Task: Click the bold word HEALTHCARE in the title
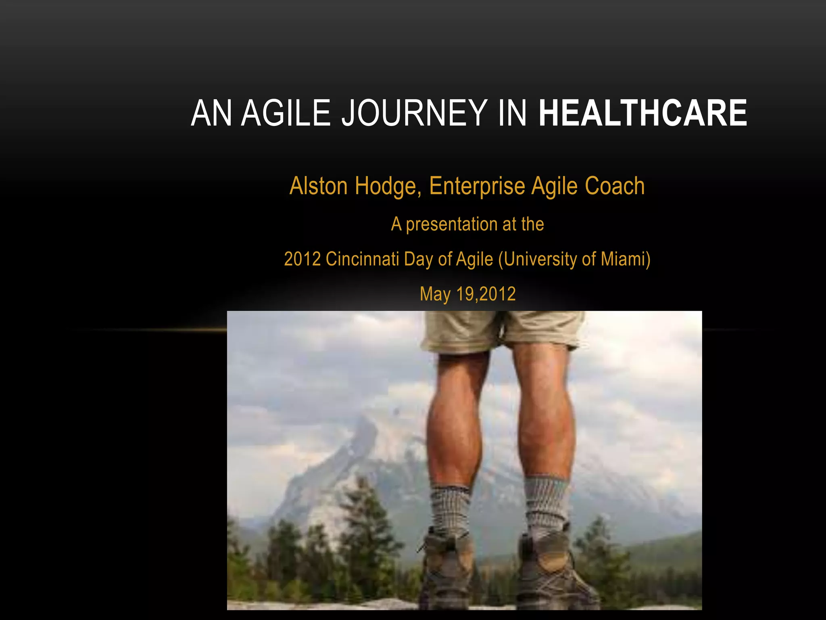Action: [x=642, y=113]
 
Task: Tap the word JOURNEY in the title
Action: [x=414, y=113]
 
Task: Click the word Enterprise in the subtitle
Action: [x=477, y=187]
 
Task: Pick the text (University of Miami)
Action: [x=574, y=260]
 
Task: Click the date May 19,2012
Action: [x=467, y=294]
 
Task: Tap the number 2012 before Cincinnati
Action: [x=302, y=259]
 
